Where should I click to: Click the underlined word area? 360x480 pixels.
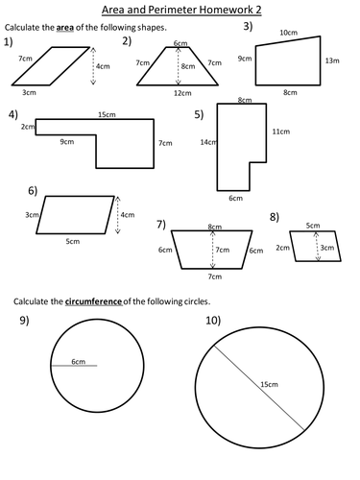65,28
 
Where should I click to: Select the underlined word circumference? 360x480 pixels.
94,301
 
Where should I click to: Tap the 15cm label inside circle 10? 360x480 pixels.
269,384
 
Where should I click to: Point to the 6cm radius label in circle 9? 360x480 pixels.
79,362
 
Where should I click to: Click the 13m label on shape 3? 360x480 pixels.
332,60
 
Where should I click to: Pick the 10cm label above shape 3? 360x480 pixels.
289,33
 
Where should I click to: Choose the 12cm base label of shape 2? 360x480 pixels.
182,93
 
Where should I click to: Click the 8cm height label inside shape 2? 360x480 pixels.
188,66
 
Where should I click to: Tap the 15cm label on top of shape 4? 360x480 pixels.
107,114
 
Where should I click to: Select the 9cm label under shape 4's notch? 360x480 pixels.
67,141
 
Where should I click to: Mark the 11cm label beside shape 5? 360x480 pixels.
281,132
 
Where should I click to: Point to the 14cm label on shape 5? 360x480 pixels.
208,142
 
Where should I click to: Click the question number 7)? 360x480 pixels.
161,225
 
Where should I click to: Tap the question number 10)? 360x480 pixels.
213,320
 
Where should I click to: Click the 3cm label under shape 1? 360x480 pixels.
29,92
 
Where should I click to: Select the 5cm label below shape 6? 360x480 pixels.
73,241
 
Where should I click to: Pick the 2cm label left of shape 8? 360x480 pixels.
283,248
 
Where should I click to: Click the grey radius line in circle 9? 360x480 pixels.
74,366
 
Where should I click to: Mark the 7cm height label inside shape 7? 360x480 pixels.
223,250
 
